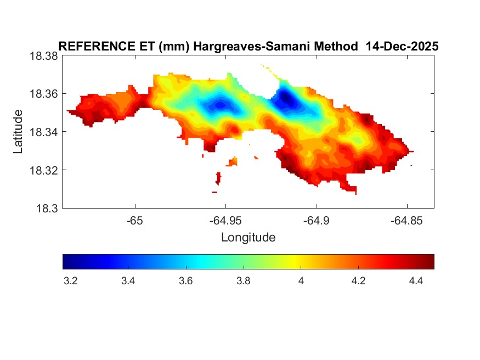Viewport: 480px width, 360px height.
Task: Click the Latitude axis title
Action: [18, 132]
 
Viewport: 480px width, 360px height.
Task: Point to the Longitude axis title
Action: [248, 238]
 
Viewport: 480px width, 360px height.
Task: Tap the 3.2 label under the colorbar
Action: [70, 282]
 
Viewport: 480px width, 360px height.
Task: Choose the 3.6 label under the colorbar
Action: [185, 282]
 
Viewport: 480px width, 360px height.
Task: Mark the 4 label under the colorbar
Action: [301, 282]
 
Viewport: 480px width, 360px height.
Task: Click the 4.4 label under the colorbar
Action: [416, 282]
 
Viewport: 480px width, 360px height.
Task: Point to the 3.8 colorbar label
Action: [243, 282]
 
